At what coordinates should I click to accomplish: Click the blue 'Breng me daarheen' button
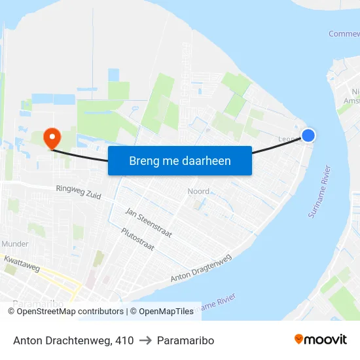coord(180,160)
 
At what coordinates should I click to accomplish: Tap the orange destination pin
coord(51,137)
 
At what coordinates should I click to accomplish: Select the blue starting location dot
coord(308,135)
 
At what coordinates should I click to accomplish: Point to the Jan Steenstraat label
coord(149,223)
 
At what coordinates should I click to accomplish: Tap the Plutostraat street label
coord(137,240)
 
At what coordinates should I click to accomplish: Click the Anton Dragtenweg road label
coord(201,268)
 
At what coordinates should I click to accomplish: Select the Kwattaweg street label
coord(22,264)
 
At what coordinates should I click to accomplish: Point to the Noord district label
coord(198,192)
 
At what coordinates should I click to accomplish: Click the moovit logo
coord(320,340)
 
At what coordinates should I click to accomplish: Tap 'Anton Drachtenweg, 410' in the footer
coord(73,340)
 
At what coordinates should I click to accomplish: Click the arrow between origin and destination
coord(146,340)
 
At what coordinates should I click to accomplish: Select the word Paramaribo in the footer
coord(186,340)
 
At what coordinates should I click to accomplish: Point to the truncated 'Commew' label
coord(344,34)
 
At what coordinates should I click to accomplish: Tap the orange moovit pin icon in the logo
coord(299,339)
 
